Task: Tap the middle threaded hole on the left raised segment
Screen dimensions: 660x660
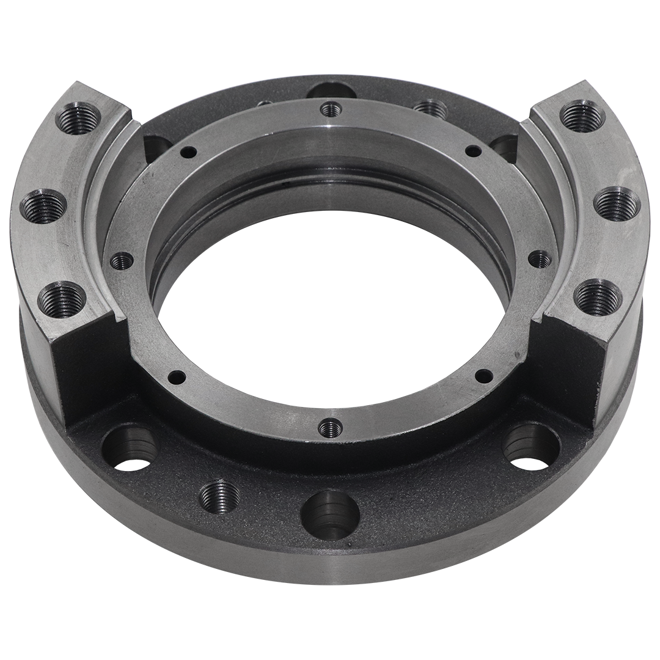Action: click(x=43, y=207)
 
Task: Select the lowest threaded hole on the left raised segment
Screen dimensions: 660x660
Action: click(x=62, y=298)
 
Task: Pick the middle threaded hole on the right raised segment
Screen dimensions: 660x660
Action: click(x=617, y=205)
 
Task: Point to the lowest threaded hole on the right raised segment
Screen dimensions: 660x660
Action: click(x=598, y=296)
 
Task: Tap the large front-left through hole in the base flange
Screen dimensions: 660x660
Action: click(x=128, y=449)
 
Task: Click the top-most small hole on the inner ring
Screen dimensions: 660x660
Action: click(x=330, y=109)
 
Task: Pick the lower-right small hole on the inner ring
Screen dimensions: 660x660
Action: click(x=483, y=375)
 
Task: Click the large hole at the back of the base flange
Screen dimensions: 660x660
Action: click(x=331, y=90)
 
